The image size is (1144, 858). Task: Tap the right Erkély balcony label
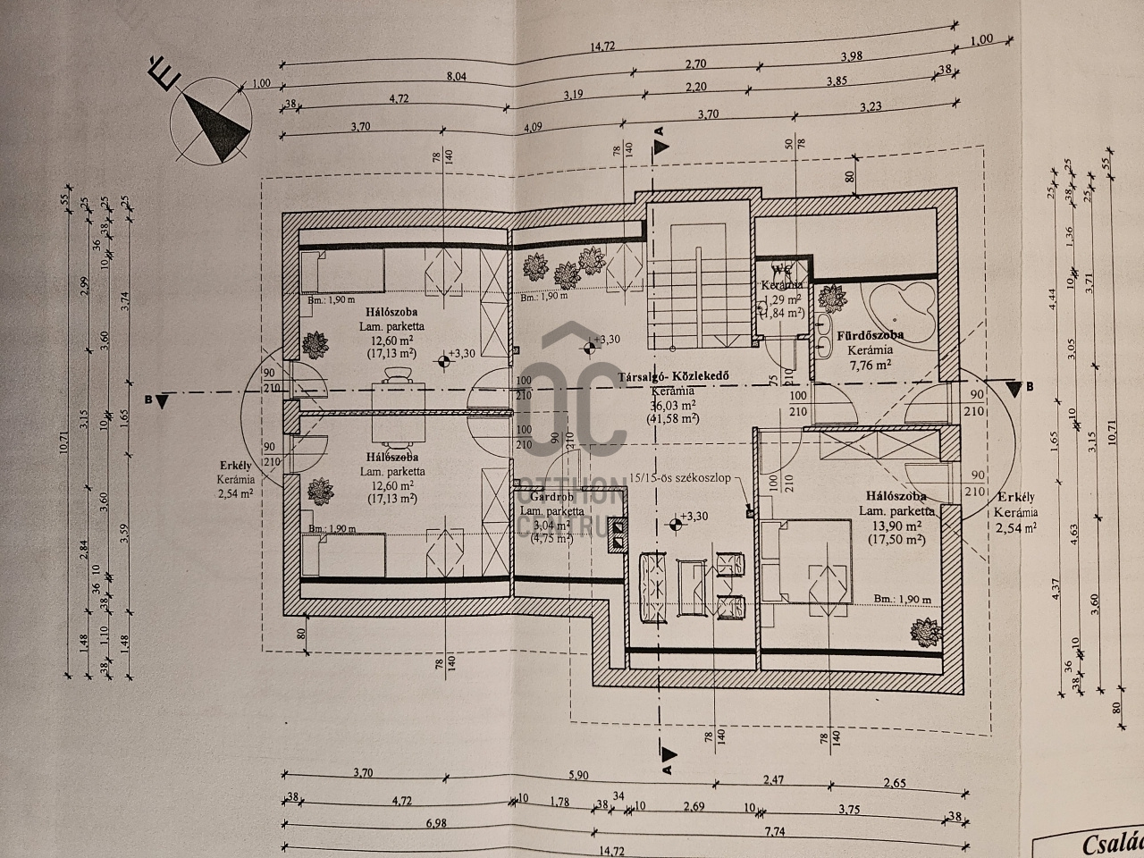point(1017,498)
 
